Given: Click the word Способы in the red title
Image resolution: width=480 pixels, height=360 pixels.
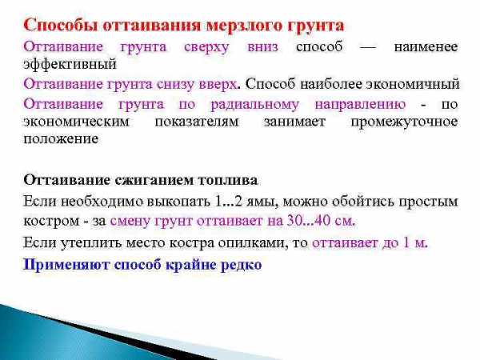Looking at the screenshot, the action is coord(61,25).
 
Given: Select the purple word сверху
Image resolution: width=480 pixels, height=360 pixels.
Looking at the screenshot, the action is coord(206,48).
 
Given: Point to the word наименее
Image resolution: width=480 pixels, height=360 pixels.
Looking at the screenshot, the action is coord(426,47).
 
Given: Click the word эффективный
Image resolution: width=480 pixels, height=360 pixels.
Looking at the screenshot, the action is coord(70,65).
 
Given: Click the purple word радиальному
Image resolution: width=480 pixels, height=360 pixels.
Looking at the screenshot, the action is coord(254,105).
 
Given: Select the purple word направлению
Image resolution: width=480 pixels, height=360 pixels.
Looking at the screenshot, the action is coord(360,105).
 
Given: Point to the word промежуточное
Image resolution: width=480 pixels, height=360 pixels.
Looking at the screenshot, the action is coord(404,122).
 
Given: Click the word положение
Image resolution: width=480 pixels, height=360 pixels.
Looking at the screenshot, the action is coord(61,139).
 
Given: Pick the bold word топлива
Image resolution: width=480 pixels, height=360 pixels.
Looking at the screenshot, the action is coord(228,181).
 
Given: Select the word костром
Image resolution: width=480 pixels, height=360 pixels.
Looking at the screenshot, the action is coord(51,222).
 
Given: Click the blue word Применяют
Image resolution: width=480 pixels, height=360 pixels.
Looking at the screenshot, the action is coord(66,265).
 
